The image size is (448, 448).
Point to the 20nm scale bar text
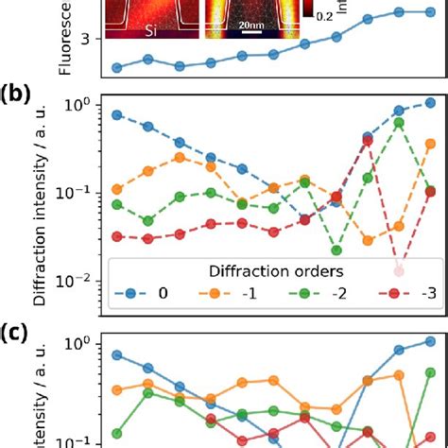250,23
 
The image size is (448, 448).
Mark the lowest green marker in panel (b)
336,250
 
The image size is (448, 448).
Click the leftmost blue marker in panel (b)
116,114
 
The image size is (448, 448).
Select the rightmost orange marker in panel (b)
430,144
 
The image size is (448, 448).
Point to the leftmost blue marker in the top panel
116,68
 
